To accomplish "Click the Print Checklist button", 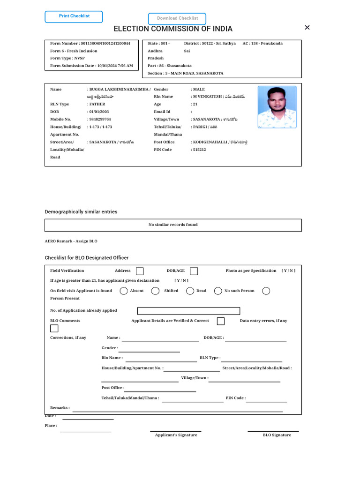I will [74, 17].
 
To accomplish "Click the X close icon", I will [307, 28].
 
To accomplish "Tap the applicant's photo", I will [277, 107].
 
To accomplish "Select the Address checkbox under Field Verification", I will [140, 271].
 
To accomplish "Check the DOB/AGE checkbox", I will [194, 271].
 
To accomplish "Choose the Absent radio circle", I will [124, 291].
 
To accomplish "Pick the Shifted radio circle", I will [155, 291].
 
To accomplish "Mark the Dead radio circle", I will [190, 291].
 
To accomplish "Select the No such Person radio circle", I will [218, 291].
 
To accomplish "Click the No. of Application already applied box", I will [188, 311].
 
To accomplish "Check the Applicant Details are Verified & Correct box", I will [221, 321].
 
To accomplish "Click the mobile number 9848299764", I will [100, 120].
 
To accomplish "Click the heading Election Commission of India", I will [173, 29].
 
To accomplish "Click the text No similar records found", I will [173, 225].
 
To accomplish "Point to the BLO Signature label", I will [277, 435].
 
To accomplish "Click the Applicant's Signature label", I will [176, 435].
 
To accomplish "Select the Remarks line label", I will [60, 408].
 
